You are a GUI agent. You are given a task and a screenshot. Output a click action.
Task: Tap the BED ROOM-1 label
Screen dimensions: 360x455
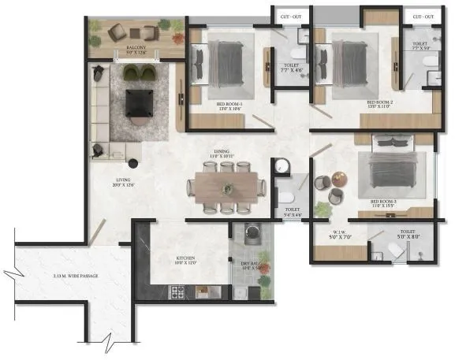tap(230, 102)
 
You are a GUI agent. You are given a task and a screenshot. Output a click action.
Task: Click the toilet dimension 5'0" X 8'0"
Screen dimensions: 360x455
tap(407, 234)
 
